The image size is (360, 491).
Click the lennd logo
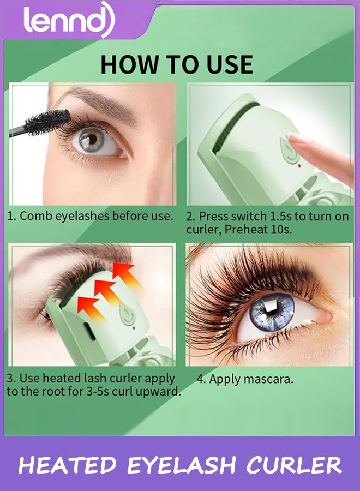[x=68, y=21]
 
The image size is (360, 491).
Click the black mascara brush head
[x=48, y=122]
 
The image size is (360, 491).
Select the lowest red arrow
[x=87, y=303]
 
